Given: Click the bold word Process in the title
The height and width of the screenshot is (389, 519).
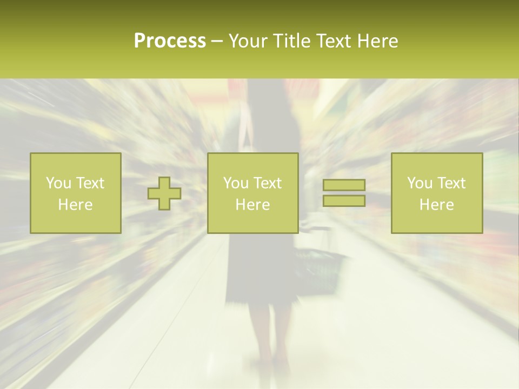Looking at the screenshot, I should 170,41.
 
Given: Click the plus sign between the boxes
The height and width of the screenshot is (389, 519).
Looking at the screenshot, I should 164,193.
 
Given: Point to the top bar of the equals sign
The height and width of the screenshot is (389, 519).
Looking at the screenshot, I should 344,185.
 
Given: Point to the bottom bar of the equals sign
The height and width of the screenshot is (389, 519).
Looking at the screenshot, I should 344,200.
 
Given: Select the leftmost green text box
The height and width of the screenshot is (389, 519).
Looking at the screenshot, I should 75,193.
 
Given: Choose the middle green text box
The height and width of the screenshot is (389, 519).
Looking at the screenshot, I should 252,193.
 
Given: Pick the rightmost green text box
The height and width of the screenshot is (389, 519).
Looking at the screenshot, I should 436,193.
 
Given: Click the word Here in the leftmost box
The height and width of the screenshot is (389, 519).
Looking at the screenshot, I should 75,205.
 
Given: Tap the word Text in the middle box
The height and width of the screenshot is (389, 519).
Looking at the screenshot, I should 267,183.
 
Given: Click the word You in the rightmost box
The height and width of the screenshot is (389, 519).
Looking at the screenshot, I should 420,183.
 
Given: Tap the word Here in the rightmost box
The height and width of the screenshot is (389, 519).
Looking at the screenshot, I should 436,205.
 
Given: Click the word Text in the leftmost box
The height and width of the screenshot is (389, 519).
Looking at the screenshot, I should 90,183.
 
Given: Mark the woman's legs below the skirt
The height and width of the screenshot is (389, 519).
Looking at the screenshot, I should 268,335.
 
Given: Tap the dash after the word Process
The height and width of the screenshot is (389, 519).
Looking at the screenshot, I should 217,42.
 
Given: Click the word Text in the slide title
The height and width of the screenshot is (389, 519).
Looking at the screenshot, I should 334,41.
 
